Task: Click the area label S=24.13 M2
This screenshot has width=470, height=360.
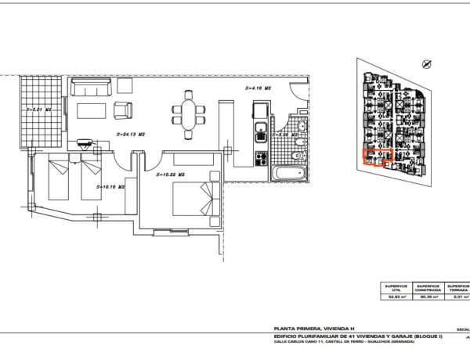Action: (x=131, y=135)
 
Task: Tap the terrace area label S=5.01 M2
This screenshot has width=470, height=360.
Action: (x=38, y=110)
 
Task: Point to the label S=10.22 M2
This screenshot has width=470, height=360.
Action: (x=170, y=174)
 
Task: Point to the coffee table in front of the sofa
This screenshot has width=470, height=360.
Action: (x=92, y=107)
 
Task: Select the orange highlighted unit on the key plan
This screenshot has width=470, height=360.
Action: (x=374, y=158)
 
